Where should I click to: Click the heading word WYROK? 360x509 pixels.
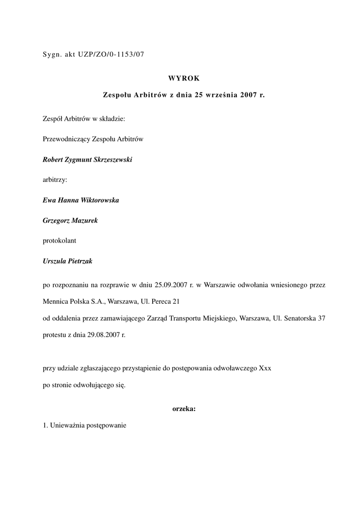click(x=184, y=78)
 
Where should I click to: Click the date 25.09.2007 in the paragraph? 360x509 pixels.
click(x=171, y=285)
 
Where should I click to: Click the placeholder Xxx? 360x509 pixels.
click(x=265, y=369)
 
